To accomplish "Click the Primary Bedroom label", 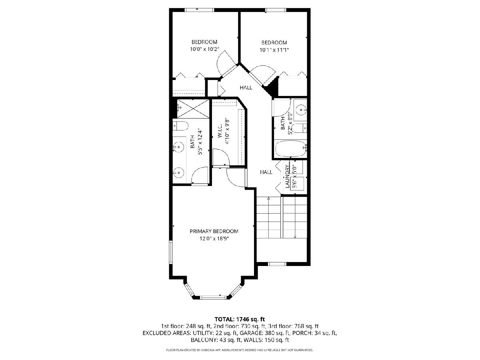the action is (x=214, y=231).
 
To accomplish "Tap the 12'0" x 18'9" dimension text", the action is (x=214, y=238).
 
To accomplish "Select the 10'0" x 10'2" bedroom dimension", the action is (x=204, y=49).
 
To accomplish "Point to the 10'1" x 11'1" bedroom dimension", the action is (x=274, y=50).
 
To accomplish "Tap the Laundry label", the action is (x=287, y=176).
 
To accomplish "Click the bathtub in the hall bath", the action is (x=291, y=149).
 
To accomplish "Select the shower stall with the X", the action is (x=193, y=109).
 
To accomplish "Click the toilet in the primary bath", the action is (x=181, y=126).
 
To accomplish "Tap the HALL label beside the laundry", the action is (x=266, y=172).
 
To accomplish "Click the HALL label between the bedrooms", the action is (x=246, y=88).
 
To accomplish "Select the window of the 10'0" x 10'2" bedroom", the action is (x=199, y=10).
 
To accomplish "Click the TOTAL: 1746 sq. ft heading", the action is (x=240, y=319).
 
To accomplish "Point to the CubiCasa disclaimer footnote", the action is (x=240, y=350).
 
